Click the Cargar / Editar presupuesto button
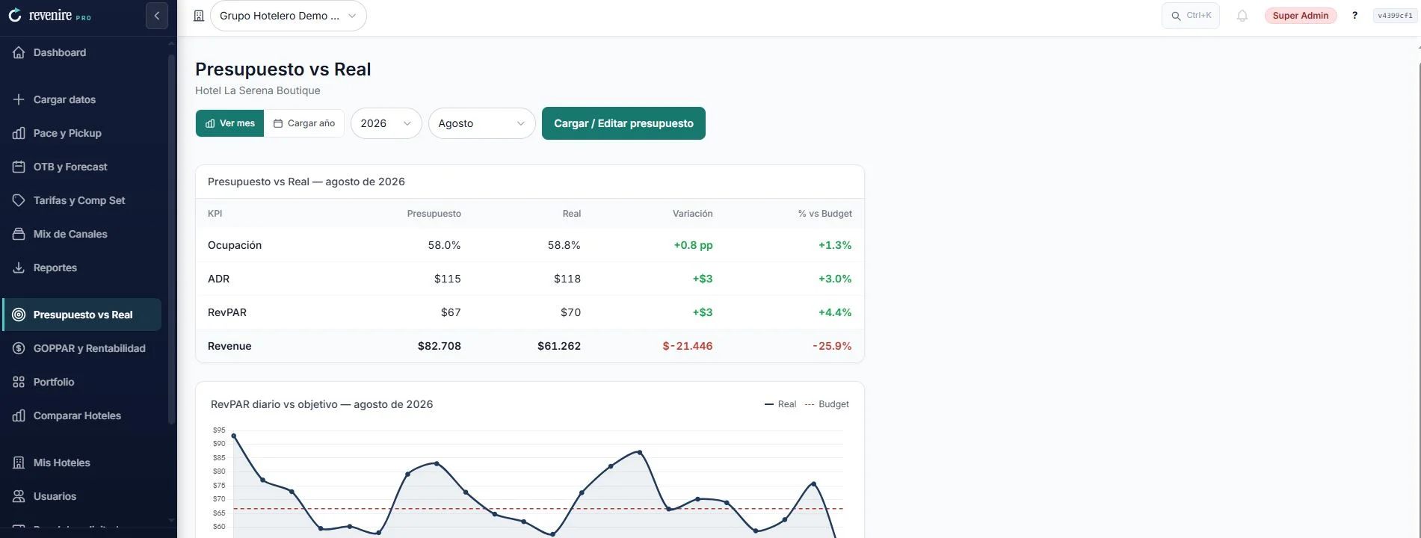coord(623,123)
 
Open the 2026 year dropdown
coord(386,123)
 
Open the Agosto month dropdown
coord(481,123)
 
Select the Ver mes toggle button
coord(229,123)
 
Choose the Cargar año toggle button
coord(304,123)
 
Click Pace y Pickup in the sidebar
coord(67,133)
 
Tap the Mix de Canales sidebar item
coord(70,234)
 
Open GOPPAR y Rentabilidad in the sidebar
coord(89,348)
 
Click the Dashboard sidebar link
coord(60,52)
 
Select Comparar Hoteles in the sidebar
coord(77,415)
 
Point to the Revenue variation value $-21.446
coord(688,346)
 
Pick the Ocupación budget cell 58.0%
coord(444,245)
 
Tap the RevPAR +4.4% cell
coord(835,312)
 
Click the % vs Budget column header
coord(824,214)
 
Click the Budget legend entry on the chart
coord(827,404)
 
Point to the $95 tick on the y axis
coord(219,430)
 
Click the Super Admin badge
coord(1301,16)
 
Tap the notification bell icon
coord(1242,16)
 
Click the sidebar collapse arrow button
coord(157,16)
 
